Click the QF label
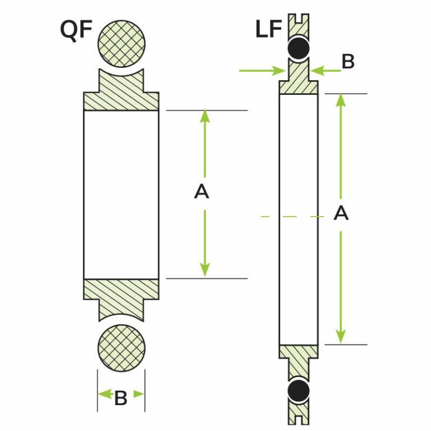click(76, 30)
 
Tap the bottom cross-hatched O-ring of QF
click(122, 345)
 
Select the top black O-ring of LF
click(299, 48)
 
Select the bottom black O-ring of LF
click(299, 389)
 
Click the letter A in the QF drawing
click(201, 192)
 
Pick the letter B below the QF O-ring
click(121, 398)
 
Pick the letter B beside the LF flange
click(348, 62)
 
